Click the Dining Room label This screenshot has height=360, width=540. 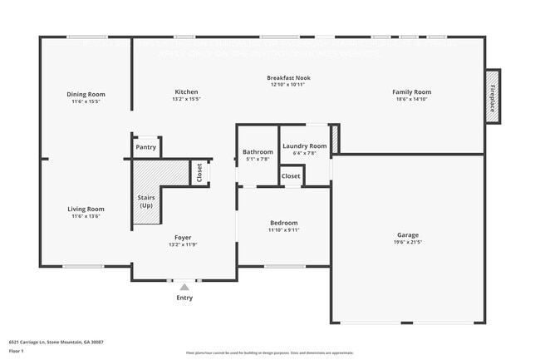pyautogui.click(x=86, y=94)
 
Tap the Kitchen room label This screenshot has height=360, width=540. pyautogui.click(x=186, y=91)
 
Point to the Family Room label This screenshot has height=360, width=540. pyautogui.click(x=412, y=91)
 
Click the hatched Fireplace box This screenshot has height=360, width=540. pyautogui.click(x=492, y=96)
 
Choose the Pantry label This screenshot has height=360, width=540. pyautogui.click(x=146, y=147)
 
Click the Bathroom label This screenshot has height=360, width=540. pyautogui.click(x=258, y=152)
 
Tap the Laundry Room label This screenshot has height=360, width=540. pyautogui.click(x=305, y=146)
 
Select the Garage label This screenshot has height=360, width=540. pyautogui.click(x=407, y=235)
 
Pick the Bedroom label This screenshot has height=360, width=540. pyautogui.click(x=283, y=223)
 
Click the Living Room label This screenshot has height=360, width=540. pyautogui.click(x=86, y=209)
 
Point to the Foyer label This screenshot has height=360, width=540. pyautogui.click(x=183, y=238)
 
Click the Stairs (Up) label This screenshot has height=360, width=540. pyautogui.click(x=146, y=201)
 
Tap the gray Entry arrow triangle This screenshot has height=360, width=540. pyautogui.click(x=184, y=287)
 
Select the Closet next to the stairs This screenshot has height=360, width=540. pyautogui.click(x=199, y=172)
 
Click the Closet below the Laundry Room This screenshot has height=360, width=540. pyautogui.click(x=291, y=176)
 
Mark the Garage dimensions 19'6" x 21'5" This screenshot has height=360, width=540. pyautogui.click(x=407, y=243)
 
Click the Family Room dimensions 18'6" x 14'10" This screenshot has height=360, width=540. pyautogui.click(x=412, y=99)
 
